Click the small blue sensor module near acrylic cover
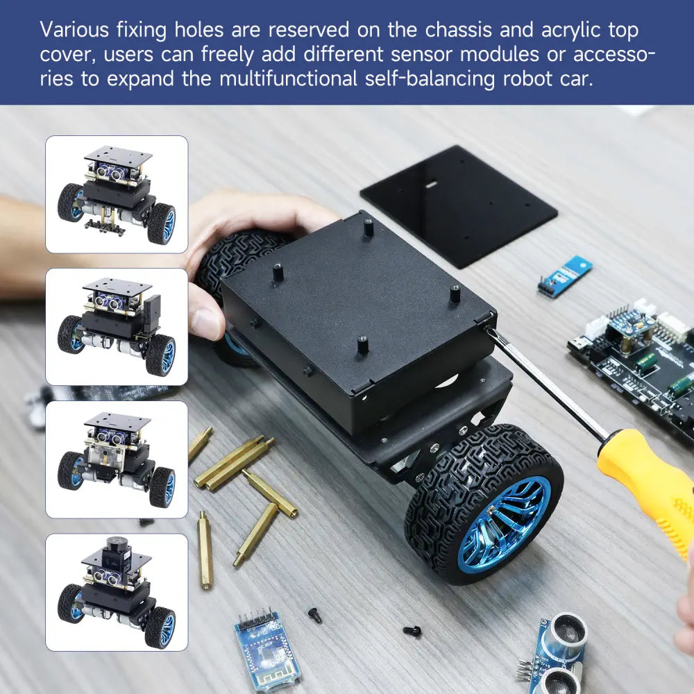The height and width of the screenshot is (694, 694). click(564, 276)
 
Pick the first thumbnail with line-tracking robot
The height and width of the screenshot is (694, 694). click(117, 194)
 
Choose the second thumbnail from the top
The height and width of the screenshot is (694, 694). click(117, 326)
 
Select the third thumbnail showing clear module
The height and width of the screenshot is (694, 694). click(117, 459)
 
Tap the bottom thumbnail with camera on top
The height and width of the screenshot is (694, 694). click(117, 592)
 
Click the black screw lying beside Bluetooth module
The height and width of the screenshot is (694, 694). click(315, 615)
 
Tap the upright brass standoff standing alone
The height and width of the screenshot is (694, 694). click(205, 550)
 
